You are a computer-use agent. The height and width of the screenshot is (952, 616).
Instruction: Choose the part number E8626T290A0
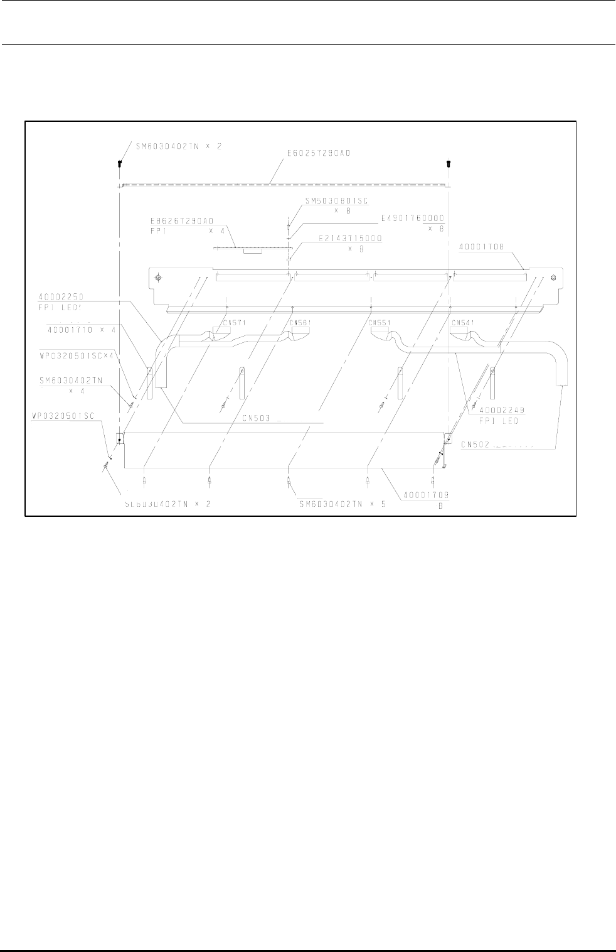point(182,221)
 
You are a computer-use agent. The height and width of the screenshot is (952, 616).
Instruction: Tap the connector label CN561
point(301,323)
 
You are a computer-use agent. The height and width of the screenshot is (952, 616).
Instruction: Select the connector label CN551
point(380,323)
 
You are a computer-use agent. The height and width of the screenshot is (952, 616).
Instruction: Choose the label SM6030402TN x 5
point(342,504)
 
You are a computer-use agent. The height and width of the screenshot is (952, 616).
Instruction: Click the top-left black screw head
point(119,163)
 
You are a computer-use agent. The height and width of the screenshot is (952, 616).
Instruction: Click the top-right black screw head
point(449,163)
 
